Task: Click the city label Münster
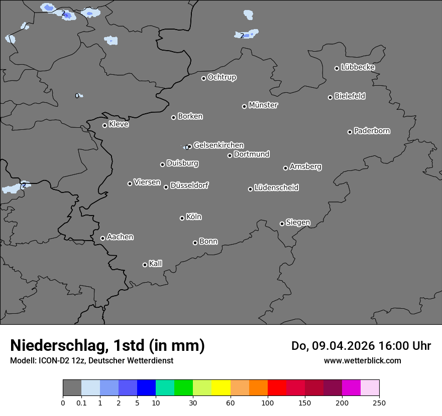pyautogui.click(x=263, y=105)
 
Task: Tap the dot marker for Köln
pyautogui.click(x=182, y=218)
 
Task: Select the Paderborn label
pyautogui.click(x=372, y=131)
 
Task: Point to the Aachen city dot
pyautogui.click(x=102, y=238)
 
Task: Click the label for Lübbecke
pyautogui.click(x=358, y=67)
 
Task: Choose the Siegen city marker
pyautogui.click(x=282, y=224)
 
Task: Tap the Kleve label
pyautogui.click(x=119, y=124)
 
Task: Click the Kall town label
pyautogui.click(x=156, y=264)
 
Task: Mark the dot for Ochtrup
pyautogui.click(x=203, y=78)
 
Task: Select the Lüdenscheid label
pyautogui.click(x=277, y=188)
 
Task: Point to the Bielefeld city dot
pyautogui.click(x=330, y=97)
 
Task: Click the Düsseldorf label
pyautogui.click(x=189, y=185)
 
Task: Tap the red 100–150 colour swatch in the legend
pyautogui.click(x=277, y=388)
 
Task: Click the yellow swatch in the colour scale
pyautogui.click(x=221, y=388)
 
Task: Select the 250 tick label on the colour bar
pyautogui.click(x=379, y=402)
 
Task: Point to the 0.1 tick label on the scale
pyautogui.click(x=81, y=402)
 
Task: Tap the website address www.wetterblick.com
pyautogui.click(x=363, y=360)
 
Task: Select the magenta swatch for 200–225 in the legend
pyautogui.click(x=351, y=388)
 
